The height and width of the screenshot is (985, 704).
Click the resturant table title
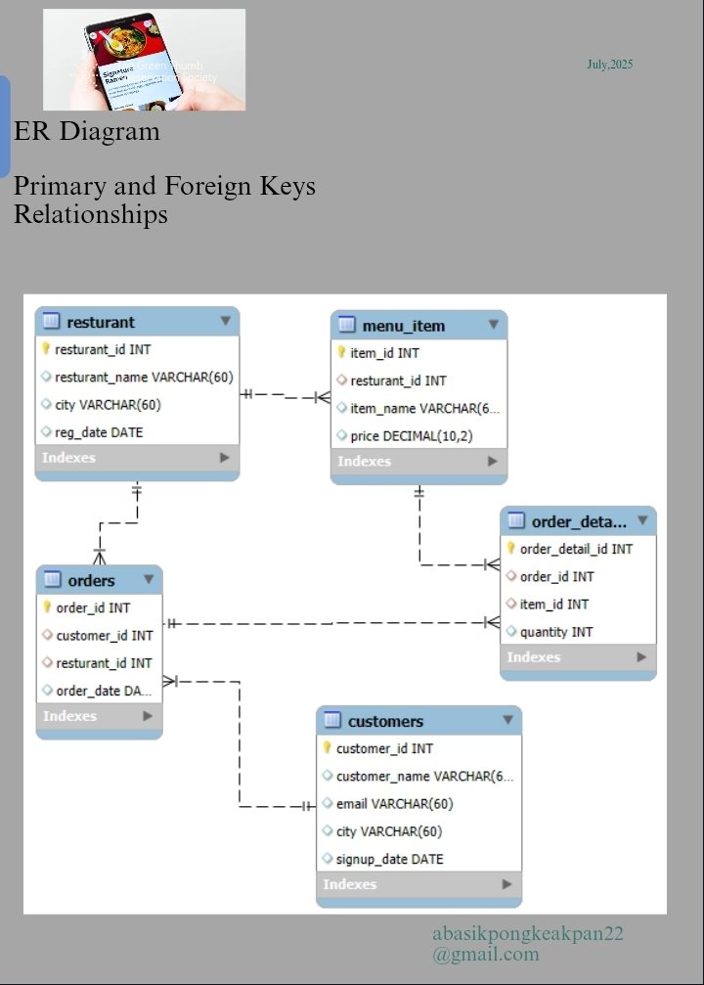tap(101, 322)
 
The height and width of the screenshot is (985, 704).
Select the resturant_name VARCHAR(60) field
tap(143, 377)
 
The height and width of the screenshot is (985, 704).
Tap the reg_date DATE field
tap(99, 431)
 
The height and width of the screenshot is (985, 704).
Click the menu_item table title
tap(403, 326)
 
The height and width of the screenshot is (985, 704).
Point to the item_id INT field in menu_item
tap(384, 353)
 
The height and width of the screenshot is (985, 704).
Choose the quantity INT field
tap(555, 632)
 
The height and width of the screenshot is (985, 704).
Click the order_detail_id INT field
tap(575, 549)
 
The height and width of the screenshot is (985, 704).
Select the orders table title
tap(91, 580)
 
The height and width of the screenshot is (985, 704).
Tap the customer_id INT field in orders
tap(104, 635)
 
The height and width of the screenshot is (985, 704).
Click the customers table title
tap(385, 721)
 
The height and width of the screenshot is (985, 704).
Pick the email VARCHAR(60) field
tap(393, 804)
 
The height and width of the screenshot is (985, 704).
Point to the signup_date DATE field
tap(389, 859)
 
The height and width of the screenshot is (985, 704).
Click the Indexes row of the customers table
tap(418, 884)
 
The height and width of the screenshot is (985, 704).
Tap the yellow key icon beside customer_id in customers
tap(328, 748)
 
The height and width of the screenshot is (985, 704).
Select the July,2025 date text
tap(609, 65)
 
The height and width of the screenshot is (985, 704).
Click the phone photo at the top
tap(144, 59)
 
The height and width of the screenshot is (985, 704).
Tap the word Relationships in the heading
tap(91, 214)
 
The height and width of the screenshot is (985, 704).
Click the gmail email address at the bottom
tap(528, 944)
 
